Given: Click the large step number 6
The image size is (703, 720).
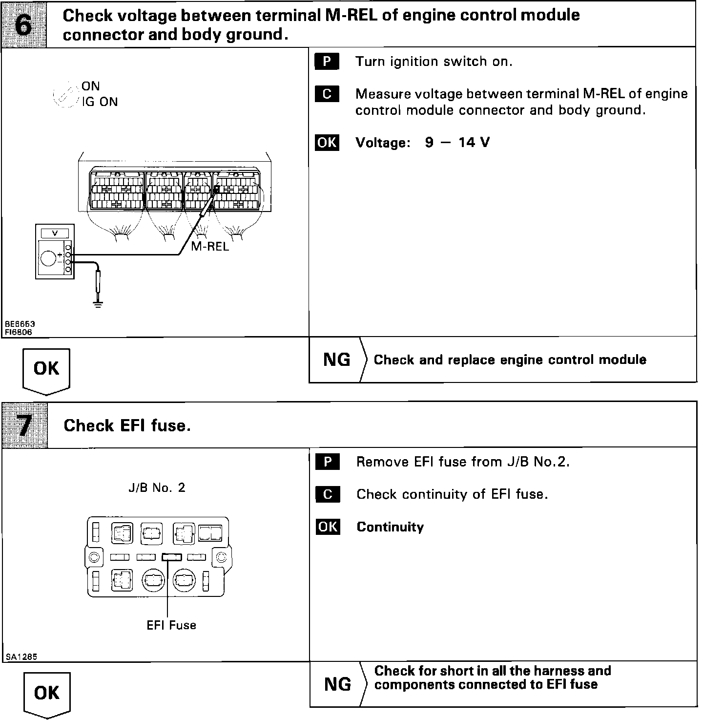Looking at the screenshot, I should pyautogui.click(x=23, y=24).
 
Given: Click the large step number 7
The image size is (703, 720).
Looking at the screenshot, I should pyautogui.click(x=24, y=425).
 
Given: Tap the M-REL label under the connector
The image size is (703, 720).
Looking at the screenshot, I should pyautogui.click(x=210, y=246).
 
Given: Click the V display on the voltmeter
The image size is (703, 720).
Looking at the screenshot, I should pyautogui.click(x=54, y=233).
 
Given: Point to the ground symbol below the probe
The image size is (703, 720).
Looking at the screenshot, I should pyautogui.click(x=98, y=304).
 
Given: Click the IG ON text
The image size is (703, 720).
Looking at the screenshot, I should pyautogui.click(x=100, y=102).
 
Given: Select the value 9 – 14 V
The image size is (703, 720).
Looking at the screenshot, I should pyautogui.click(x=457, y=143).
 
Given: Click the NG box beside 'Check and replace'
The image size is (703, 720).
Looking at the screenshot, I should pyautogui.click(x=337, y=360).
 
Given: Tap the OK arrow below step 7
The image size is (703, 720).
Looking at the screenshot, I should pyautogui.click(x=47, y=694).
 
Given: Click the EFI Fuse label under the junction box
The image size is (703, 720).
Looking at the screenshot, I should pyautogui.click(x=171, y=625).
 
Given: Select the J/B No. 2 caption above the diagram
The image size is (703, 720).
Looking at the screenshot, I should pyautogui.click(x=157, y=488).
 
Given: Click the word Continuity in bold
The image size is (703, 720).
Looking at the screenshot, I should pyautogui.click(x=390, y=527).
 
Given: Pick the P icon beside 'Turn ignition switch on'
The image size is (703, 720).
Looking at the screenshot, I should pyautogui.click(x=327, y=62).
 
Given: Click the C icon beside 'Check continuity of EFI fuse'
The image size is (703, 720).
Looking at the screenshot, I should pyautogui.click(x=328, y=494).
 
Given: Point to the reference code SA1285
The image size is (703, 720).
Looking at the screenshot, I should pyautogui.click(x=21, y=657).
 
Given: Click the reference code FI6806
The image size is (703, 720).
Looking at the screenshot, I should pyautogui.click(x=19, y=332).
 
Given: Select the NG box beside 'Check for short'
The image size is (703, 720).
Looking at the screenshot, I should pyautogui.click(x=337, y=684).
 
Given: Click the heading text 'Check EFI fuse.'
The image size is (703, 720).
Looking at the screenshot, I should pyautogui.click(x=127, y=425).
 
